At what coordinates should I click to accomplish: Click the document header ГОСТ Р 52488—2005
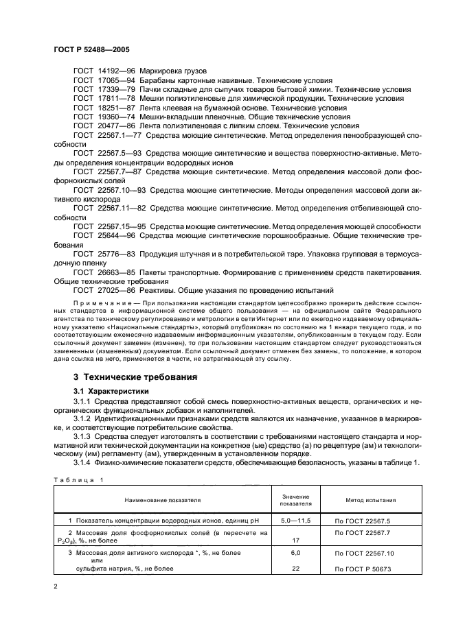[x=90, y=50]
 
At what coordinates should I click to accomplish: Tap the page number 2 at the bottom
[x=56, y=586]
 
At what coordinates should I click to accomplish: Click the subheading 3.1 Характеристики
[x=111, y=391]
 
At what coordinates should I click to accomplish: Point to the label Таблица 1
[x=77, y=481]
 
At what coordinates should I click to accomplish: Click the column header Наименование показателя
[x=162, y=500]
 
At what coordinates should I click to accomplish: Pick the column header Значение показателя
[x=296, y=500]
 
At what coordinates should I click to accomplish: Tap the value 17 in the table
[x=297, y=540]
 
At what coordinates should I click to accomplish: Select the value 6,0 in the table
[x=297, y=551]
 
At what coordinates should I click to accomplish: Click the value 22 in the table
[x=297, y=569]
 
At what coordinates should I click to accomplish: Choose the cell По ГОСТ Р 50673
[x=362, y=569]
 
